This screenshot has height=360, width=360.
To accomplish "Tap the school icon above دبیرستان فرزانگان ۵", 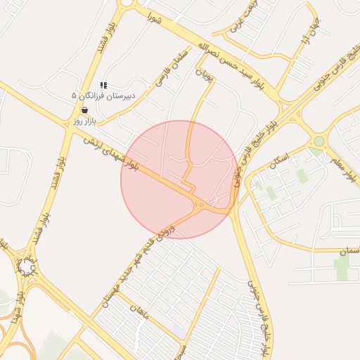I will coord(103,85).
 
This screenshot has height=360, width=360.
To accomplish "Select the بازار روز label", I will coord(83,121).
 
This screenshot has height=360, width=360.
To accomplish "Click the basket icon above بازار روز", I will coord(84,110).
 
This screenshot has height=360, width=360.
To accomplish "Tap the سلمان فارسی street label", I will coord(171,68).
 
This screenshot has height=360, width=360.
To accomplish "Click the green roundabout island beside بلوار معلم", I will coord(319,141).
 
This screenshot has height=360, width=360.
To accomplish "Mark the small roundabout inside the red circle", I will coord(201,205).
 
